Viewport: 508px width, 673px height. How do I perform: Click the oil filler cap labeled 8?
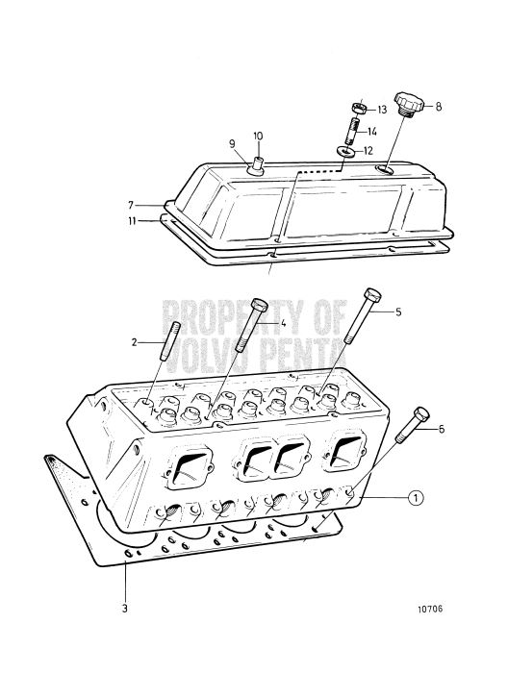[x=409, y=104]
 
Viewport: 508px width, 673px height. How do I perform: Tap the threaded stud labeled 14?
[x=351, y=132]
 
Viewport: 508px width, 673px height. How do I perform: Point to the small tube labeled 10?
[x=259, y=163]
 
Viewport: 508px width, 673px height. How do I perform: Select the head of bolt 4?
[x=259, y=305]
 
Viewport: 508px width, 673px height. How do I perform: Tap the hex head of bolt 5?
[x=372, y=295]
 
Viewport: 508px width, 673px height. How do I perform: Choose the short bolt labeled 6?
[x=414, y=425]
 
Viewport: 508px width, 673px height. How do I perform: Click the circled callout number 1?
[x=416, y=498]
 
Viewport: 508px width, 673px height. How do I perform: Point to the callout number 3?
[x=124, y=609]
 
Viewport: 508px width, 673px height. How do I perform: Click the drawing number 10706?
[x=430, y=609]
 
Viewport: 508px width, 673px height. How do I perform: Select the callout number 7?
[x=131, y=205]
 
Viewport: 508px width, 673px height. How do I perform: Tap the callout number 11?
[x=132, y=221]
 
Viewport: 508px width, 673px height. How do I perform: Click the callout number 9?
[x=232, y=144]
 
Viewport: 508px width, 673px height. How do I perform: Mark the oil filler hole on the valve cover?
[x=384, y=169]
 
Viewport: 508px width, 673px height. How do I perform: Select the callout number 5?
[x=398, y=312]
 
